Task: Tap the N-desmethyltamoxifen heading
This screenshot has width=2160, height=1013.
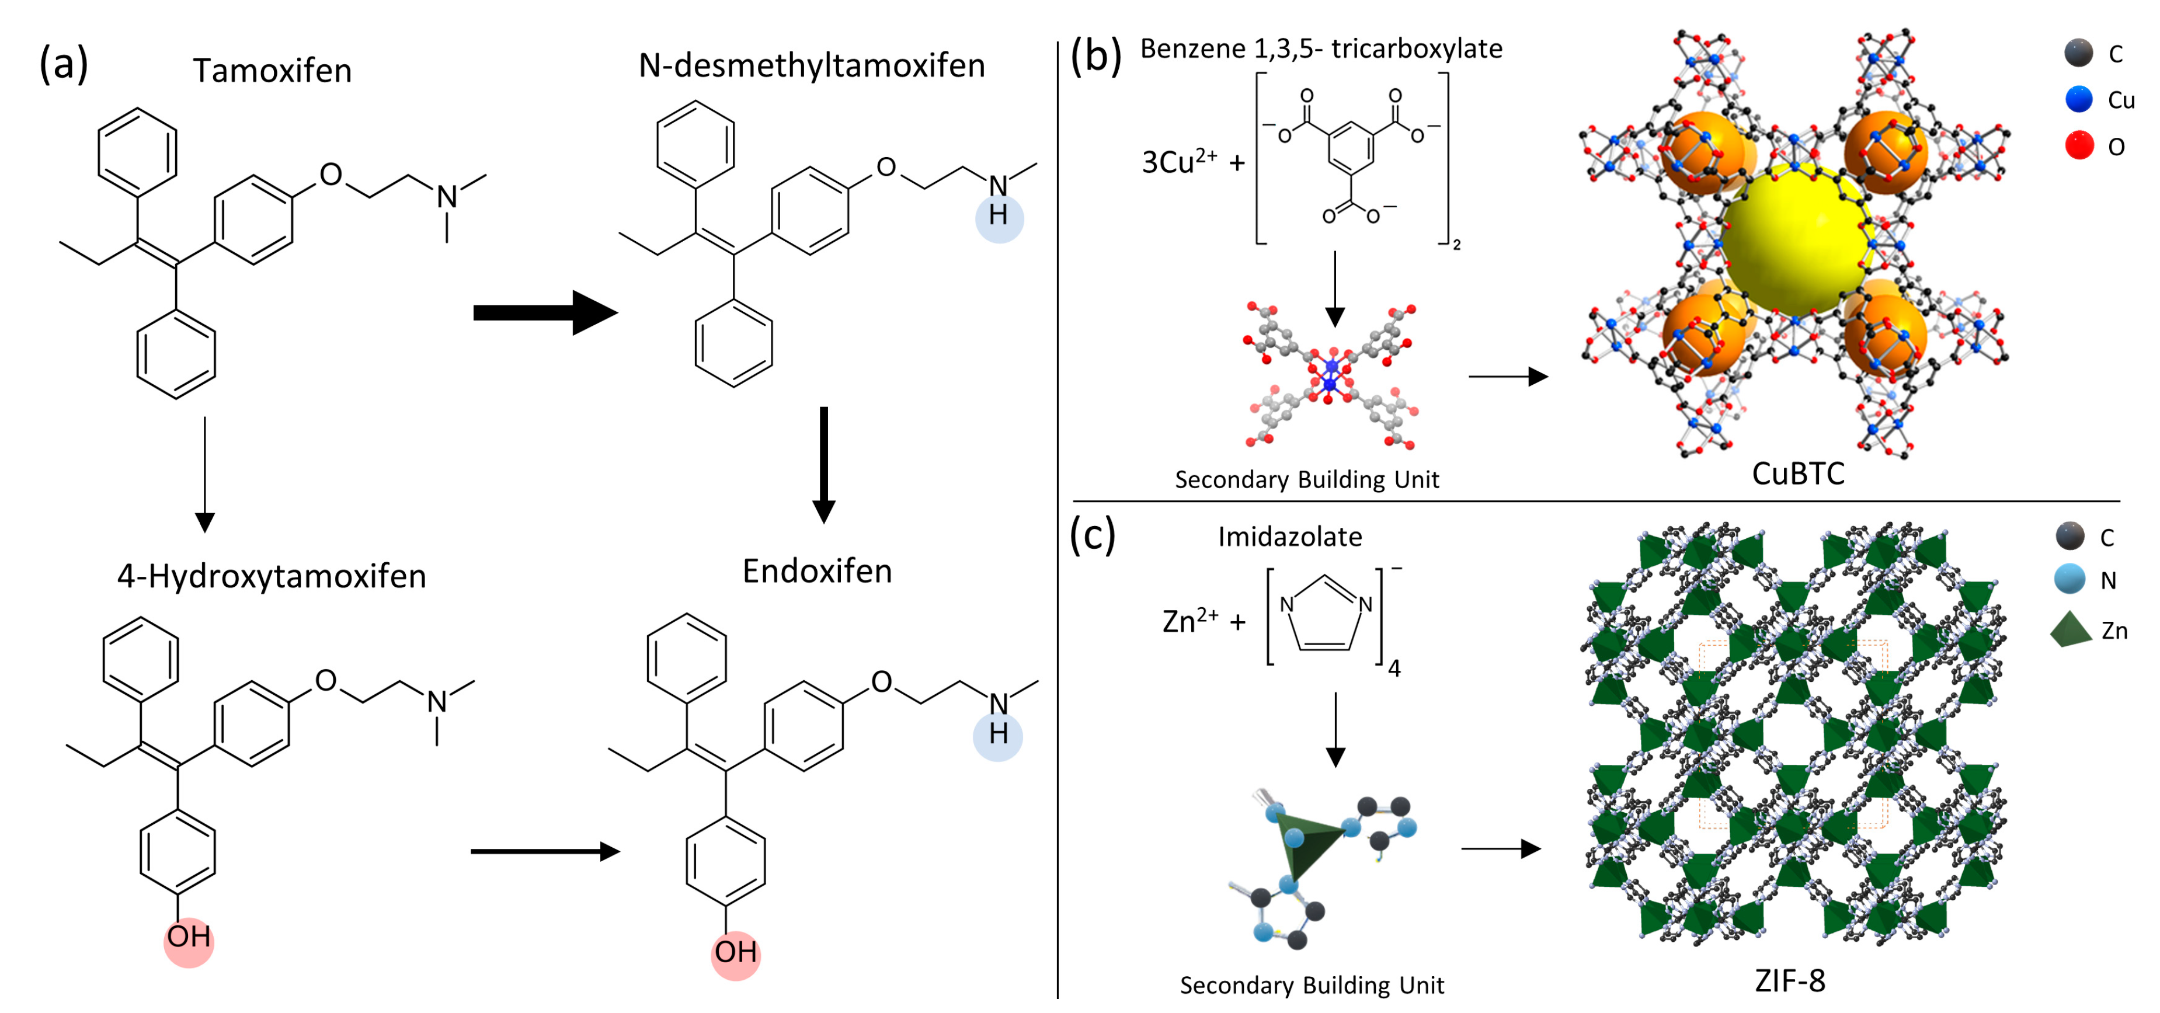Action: point(811,66)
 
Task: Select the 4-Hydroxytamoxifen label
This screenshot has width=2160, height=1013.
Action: point(272,577)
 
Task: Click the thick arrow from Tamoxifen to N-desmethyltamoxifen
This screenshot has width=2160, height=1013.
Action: point(545,313)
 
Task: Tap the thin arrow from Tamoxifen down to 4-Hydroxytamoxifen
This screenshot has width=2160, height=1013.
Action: point(204,474)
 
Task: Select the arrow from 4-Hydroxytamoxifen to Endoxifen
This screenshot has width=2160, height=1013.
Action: point(545,852)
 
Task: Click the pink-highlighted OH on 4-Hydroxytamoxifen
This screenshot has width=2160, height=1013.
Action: point(189,938)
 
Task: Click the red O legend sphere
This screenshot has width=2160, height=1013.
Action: point(2079,146)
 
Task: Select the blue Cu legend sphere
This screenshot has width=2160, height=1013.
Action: point(2079,100)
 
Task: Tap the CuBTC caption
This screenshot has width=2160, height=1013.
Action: point(1798,474)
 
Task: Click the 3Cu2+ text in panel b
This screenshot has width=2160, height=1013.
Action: point(1179,162)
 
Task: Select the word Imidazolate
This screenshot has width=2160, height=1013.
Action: point(1289,537)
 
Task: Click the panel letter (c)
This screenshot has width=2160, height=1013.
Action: point(1093,536)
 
